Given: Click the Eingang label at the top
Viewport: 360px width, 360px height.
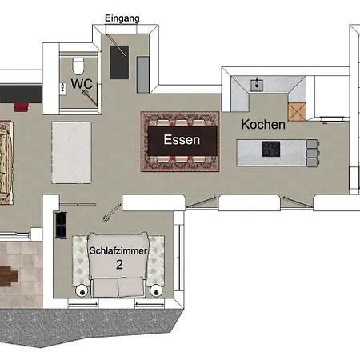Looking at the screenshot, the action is tap(122, 18).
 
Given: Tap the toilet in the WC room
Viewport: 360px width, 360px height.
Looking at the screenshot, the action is tap(78, 66).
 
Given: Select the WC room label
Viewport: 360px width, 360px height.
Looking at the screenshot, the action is tap(82, 84).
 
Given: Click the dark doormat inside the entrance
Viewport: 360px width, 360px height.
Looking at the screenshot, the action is tap(119, 62).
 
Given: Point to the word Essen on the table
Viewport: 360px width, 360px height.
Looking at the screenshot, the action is tap(182, 140).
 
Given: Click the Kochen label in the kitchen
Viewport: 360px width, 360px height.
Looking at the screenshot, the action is tap(263, 125).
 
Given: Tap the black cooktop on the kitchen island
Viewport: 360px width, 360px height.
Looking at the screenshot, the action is tap(271, 149).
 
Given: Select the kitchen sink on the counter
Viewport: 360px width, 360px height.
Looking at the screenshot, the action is tap(257, 85).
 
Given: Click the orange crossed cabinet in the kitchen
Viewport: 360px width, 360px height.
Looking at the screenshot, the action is tap(297, 112).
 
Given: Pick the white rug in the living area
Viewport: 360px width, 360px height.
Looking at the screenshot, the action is tap(71, 153).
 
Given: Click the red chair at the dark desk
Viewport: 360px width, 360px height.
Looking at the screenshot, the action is tap(21, 107).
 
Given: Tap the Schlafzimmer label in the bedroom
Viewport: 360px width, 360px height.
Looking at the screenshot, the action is tap(118, 250).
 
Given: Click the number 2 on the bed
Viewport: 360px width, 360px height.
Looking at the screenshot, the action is tap(119, 265).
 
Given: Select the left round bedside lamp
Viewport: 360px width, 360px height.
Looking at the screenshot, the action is tap(82, 291).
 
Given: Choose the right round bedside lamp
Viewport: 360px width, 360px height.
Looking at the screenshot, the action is tap(156, 291).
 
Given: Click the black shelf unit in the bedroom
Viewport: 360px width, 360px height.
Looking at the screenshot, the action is tap(61, 225).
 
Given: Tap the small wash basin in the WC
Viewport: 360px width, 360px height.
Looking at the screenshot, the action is tap(63, 89).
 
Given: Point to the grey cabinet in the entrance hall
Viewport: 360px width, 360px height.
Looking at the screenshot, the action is tap(143, 74).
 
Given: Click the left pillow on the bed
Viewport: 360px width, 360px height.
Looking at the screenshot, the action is tap(105, 287).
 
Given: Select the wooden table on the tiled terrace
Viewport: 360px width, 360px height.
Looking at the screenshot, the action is tap(8, 276).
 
